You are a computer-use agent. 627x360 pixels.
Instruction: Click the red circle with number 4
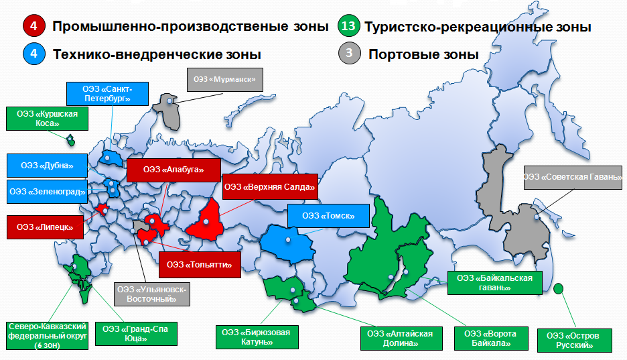[x=33, y=27]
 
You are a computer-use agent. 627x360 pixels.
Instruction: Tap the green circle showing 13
[x=348, y=27]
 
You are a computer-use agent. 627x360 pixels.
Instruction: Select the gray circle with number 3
[x=348, y=54]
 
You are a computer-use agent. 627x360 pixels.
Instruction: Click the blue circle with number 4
[x=33, y=54]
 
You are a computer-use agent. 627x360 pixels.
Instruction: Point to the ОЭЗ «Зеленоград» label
[x=46, y=192]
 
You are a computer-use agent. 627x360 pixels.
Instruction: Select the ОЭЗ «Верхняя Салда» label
[x=269, y=186]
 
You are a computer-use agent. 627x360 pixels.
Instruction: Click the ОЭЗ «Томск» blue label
[x=329, y=216]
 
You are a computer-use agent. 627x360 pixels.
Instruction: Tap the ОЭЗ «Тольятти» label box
[x=199, y=265]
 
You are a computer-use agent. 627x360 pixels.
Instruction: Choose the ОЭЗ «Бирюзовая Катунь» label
[x=256, y=337]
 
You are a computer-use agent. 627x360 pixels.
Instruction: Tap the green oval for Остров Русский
[x=559, y=288]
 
